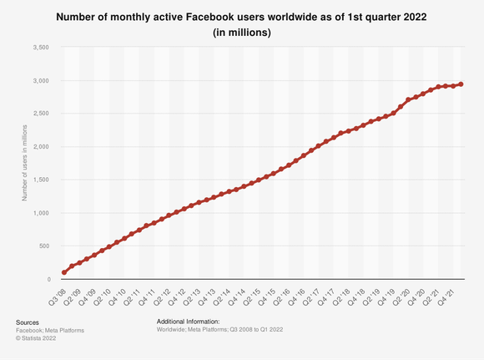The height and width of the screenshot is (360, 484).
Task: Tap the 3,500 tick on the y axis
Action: tap(39, 48)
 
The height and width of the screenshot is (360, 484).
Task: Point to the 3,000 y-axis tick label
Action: tap(39, 81)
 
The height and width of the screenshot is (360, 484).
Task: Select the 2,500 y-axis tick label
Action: tap(39, 114)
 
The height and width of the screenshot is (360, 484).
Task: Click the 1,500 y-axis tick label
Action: tap(39, 180)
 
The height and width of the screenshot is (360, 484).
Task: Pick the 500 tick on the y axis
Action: tap(43, 246)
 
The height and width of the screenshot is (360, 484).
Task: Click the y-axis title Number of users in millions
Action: tap(25, 163)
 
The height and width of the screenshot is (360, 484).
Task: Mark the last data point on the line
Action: tap(461, 84)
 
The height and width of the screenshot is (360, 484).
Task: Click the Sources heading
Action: tap(28, 322)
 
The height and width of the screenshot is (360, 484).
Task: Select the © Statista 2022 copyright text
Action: tap(38, 339)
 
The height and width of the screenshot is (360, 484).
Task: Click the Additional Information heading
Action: tap(188, 321)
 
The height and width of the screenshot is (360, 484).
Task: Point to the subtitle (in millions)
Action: tap(241, 33)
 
